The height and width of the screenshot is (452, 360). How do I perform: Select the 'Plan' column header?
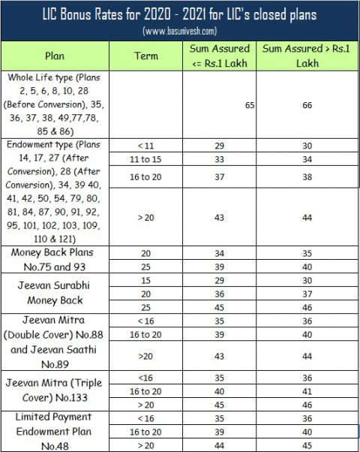coord(55,56)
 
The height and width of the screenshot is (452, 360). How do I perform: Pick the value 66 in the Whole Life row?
coord(306,105)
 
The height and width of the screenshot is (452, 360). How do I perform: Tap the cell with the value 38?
coord(306,176)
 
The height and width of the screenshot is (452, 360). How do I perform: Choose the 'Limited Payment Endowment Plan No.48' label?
coord(55,431)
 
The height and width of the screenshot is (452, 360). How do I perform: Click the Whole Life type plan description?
coord(55,104)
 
